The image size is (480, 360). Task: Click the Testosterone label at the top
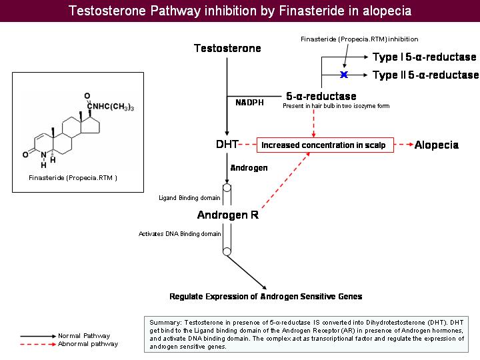[x=227, y=48]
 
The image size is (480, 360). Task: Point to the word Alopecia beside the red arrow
[x=436, y=145]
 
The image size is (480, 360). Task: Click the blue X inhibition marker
[x=345, y=74]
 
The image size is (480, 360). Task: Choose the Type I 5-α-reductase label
[x=424, y=57]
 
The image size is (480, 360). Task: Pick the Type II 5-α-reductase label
[x=425, y=75]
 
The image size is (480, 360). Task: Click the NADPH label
[x=249, y=103]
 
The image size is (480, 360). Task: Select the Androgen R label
[x=228, y=215]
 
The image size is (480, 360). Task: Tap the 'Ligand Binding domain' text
[x=189, y=197]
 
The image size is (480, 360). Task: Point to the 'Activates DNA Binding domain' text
[x=179, y=234]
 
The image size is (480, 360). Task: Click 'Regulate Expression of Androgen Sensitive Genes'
[x=266, y=297]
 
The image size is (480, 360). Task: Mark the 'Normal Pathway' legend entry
[x=84, y=335]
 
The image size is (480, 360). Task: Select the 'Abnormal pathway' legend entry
[x=88, y=344]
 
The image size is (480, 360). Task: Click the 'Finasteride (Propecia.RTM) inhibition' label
[x=359, y=39]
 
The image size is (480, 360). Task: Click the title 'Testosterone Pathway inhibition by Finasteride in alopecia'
[x=240, y=11]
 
